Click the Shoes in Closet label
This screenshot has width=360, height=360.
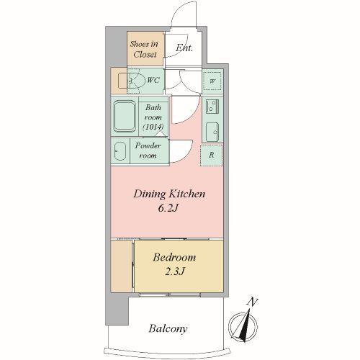pyautogui.click(x=145, y=49)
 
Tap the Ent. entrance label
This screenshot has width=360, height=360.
pyautogui.click(x=184, y=48)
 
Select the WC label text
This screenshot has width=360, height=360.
pyautogui.click(x=153, y=80)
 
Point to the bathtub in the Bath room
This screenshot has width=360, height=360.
pyautogui.click(x=125, y=116)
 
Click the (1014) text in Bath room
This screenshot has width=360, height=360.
pyautogui.click(x=153, y=127)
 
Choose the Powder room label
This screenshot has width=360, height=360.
pyautogui.click(x=148, y=150)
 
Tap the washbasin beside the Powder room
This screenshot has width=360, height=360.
pyautogui.click(x=120, y=151)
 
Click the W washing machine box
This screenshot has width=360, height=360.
pyautogui.click(x=212, y=81)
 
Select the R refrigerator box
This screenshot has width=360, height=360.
pyautogui.click(x=212, y=156)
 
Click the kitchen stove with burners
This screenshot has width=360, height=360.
pyautogui.click(x=212, y=107)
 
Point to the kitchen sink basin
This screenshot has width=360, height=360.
pyautogui.click(x=212, y=132)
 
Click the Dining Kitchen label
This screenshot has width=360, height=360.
pyautogui.click(x=169, y=194)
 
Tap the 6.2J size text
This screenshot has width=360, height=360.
pyautogui.click(x=168, y=208)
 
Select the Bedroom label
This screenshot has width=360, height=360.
pyautogui.click(x=174, y=258)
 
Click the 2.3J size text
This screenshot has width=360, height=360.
pyautogui.click(x=175, y=271)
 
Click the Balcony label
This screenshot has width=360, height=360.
pyautogui.click(x=168, y=328)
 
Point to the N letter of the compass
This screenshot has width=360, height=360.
pyautogui.click(x=252, y=302)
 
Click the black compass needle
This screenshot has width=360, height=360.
pyautogui.click(x=246, y=325)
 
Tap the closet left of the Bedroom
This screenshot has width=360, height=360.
pyautogui.click(x=122, y=266)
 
